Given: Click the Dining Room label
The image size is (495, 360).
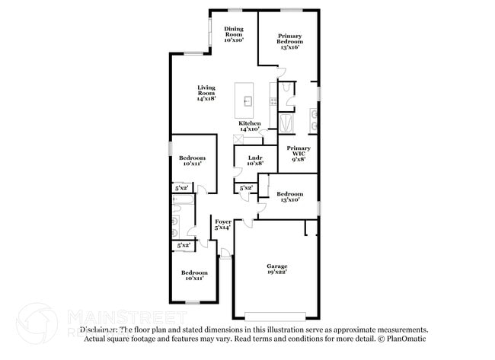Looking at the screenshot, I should tap(233, 33).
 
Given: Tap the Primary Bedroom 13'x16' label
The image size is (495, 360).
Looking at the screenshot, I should tap(289, 41).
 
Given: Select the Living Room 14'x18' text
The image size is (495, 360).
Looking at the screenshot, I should tap(206, 93).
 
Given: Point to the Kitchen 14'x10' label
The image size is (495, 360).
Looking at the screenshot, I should tap(250, 126).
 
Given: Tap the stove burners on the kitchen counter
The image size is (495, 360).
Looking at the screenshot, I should tap(273, 100).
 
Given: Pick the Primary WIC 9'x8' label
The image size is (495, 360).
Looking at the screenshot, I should tap(299, 154).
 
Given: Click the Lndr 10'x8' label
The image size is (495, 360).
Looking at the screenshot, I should tap(254, 160).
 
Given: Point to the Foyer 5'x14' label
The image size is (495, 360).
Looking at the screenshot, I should tap(222, 225).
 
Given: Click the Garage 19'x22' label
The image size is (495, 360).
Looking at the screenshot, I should tap(276, 269).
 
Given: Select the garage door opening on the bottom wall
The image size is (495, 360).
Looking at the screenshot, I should tap(276, 317).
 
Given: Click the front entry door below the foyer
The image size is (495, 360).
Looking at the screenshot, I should tap(225, 253).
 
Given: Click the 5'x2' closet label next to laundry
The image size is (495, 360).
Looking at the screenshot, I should tap(246, 187).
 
